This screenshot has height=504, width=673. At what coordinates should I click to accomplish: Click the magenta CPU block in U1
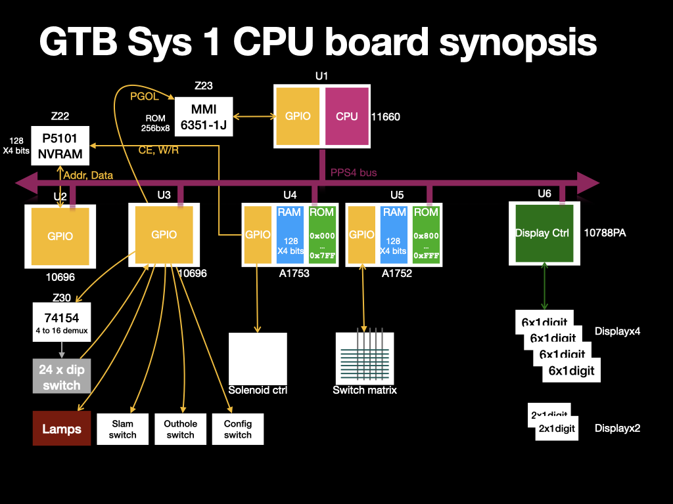click(346, 117)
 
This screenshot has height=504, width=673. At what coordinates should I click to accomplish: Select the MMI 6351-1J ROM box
click(204, 117)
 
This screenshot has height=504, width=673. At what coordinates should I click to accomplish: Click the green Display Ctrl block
click(542, 233)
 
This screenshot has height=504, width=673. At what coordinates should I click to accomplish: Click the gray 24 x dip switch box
click(61, 377)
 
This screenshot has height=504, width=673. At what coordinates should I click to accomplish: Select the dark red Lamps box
click(62, 429)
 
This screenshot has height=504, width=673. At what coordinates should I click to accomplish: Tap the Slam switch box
click(122, 429)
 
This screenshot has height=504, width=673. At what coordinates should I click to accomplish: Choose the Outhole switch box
click(180, 429)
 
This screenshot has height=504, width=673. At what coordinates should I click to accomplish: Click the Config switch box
click(237, 429)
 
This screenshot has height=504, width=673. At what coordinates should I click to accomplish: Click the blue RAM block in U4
click(289, 235)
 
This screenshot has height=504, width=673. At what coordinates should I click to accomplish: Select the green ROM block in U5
click(425, 235)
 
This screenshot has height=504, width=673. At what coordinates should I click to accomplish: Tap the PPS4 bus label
click(354, 173)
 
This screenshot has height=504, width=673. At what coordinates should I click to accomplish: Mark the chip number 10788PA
click(605, 232)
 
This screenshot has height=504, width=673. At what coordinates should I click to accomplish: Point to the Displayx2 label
click(617, 429)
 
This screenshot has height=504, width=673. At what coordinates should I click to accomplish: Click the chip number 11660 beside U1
click(385, 117)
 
